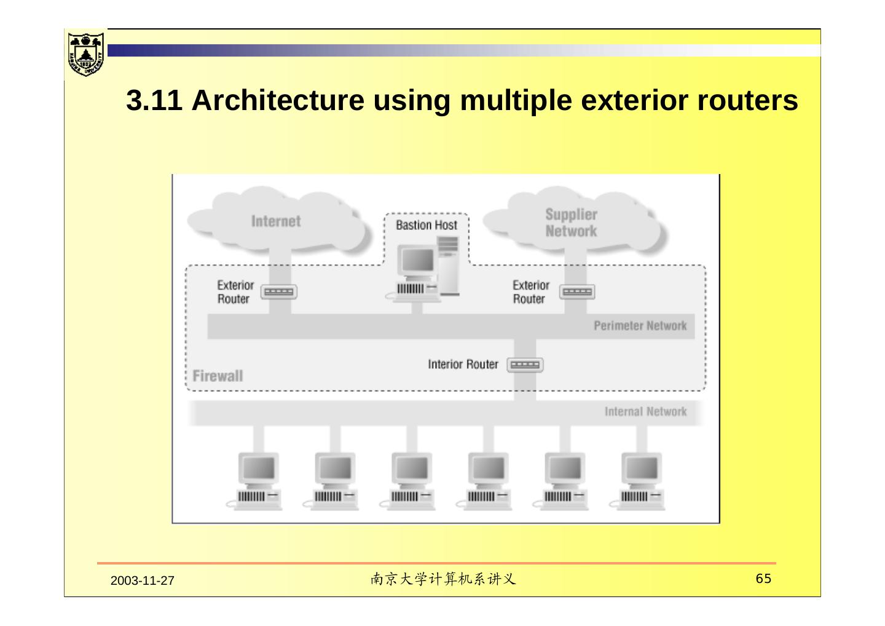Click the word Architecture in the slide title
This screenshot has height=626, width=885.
click(x=278, y=100)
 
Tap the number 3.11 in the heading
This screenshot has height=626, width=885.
click(x=154, y=100)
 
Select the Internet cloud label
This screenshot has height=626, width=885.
click(x=276, y=221)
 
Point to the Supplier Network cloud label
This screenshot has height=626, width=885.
click(x=571, y=223)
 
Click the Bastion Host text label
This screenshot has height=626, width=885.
click(x=427, y=225)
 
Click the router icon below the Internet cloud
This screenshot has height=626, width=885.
click(x=279, y=292)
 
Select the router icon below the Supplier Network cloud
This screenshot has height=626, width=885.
click(x=577, y=292)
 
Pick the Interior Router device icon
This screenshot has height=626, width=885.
click(x=525, y=365)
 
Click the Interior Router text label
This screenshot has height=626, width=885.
click(x=463, y=365)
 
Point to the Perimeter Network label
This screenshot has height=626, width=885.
click(x=640, y=326)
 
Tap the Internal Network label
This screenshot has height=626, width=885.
click(x=645, y=411)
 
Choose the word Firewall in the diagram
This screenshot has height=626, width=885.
click(x=218, y=376)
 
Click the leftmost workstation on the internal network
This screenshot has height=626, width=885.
click(x=258, y=481)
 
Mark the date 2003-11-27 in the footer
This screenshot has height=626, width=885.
click(x=143, y=581)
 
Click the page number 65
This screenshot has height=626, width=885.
click(x=763, y=579)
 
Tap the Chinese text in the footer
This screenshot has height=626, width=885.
click(x=442, y=579)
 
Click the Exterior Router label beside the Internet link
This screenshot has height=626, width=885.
click(x=235, y=292)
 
